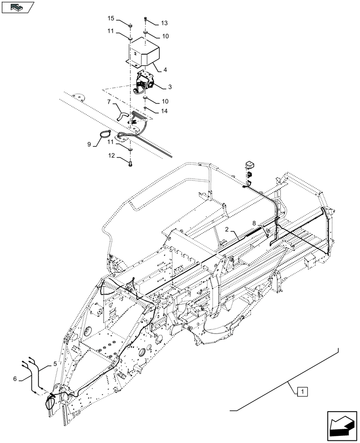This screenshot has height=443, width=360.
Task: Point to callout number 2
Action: pyautogui.click(x=226, y=229)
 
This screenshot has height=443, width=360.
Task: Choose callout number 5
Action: pyautogui.click(x=55, y=364)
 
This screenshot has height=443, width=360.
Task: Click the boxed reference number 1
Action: pyautogui.click(x=302, y=391)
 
